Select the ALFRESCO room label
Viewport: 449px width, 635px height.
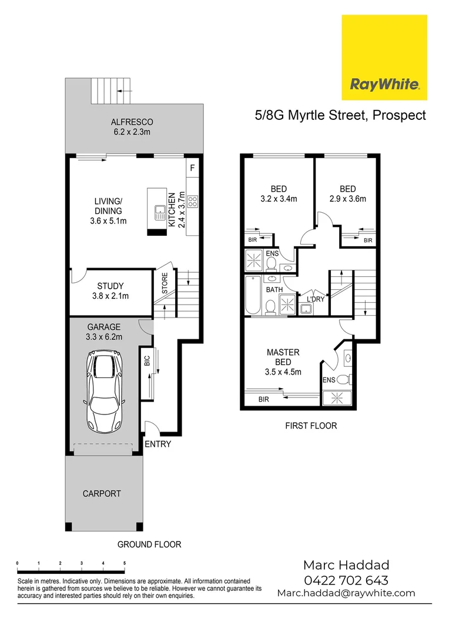point(132,122)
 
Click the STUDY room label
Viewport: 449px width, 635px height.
point(110,286)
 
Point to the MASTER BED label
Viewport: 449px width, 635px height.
point(283,357)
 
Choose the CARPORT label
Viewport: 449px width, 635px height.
point(102,493)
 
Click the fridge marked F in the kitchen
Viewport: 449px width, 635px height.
point(192,167)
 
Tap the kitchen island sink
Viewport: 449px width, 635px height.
point(159,212)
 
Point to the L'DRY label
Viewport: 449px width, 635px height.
point(316,299)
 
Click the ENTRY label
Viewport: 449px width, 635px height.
point(158,444)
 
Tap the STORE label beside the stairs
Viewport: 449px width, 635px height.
point(164,283)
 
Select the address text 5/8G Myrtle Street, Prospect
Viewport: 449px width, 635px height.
point(340,115)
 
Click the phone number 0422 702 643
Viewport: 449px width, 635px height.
point(346,580)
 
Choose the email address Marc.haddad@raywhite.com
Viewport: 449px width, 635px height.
point(346,593)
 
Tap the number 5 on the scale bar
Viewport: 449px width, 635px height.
point(125,563)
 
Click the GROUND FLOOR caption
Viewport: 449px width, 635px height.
point(149,544)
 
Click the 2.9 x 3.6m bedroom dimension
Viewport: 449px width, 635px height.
point(347,199)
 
